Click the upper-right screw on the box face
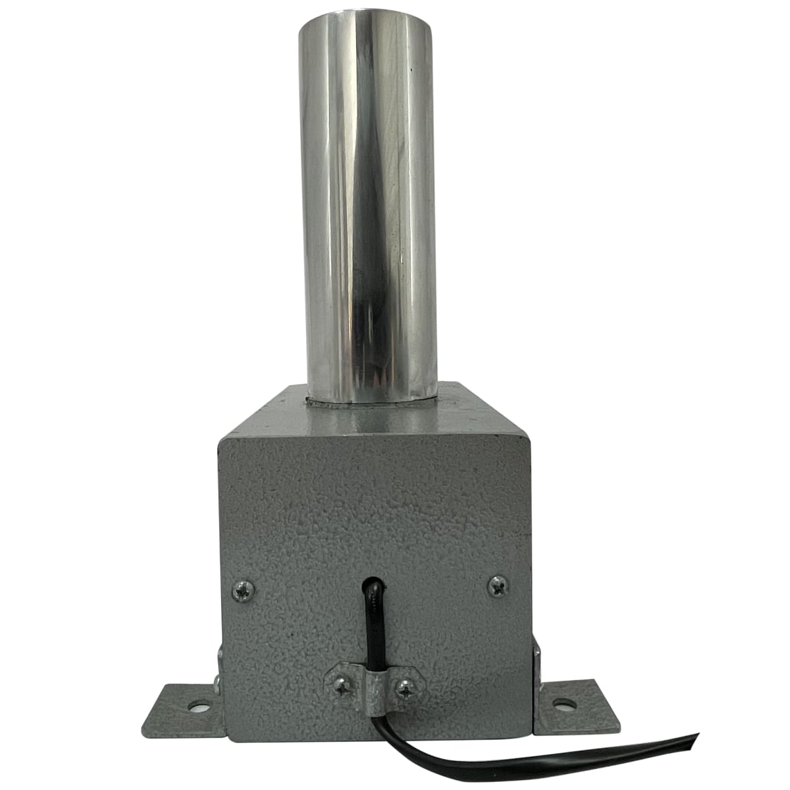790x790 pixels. click(x=498, y=585)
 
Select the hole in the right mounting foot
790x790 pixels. click(x=562, y=704)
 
